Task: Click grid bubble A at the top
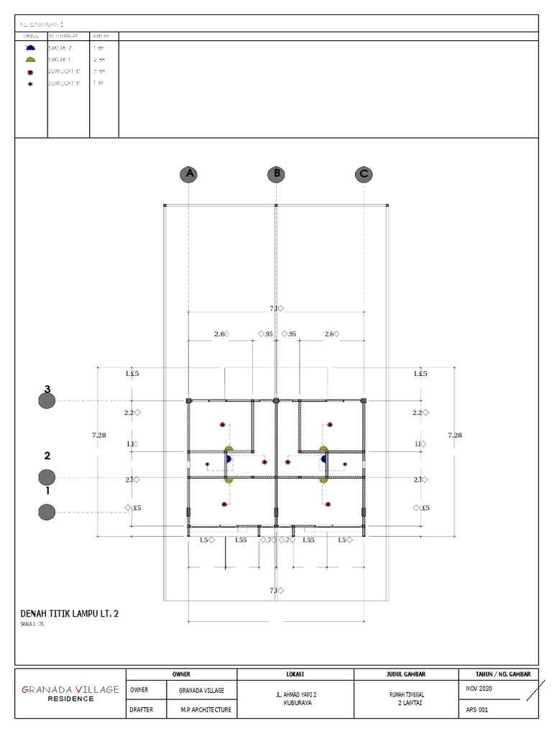[x=189, y=174]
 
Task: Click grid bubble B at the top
[x=276, y=174]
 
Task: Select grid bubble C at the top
[x=364, y=174]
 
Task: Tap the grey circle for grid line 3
[x=47, y=401]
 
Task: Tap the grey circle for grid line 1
[x=47, y=512]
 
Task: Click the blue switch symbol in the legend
[x=30, y=47]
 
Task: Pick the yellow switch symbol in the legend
[x=30, y=60]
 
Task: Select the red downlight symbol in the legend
[x=30, y=72]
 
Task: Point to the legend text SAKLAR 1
[x=60, y=60]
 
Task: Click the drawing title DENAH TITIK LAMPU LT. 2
[x=69, y=613]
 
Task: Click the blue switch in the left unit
[x=229, y=458]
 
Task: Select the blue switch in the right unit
[x=324, y=458]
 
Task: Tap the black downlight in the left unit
[x=207, y=464]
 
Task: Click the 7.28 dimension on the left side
[x=100, y=435]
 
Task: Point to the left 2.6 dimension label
[x=220, y=333]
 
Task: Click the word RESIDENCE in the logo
[x=70, y=699]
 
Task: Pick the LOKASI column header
[x=296, y=674]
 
